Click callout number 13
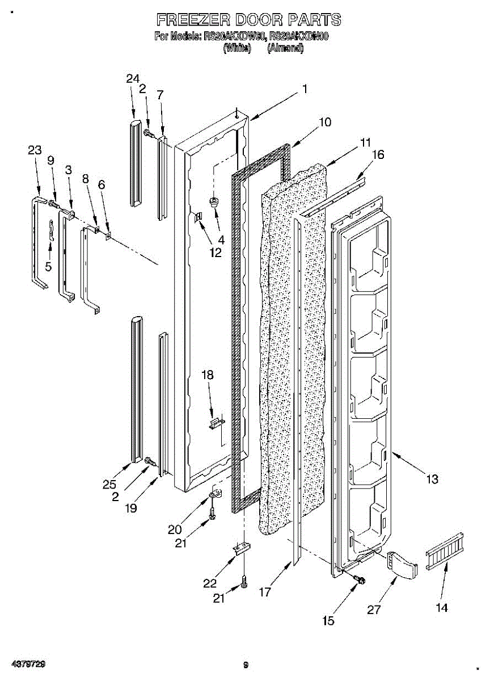[x=432, y=480]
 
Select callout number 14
[x=442, y=608]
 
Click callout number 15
[x=328, y=621]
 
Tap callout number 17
[x=265, y=592]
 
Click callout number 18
[x=208, y=375]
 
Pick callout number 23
[x=35, y=150]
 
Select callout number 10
[x=325, y=122]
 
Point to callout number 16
[x=378, y=154]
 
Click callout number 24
[x=133, y=78]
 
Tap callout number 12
[x=215, y=253]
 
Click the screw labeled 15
[x=358, y=579]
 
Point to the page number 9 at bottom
[x=246, y=665]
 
